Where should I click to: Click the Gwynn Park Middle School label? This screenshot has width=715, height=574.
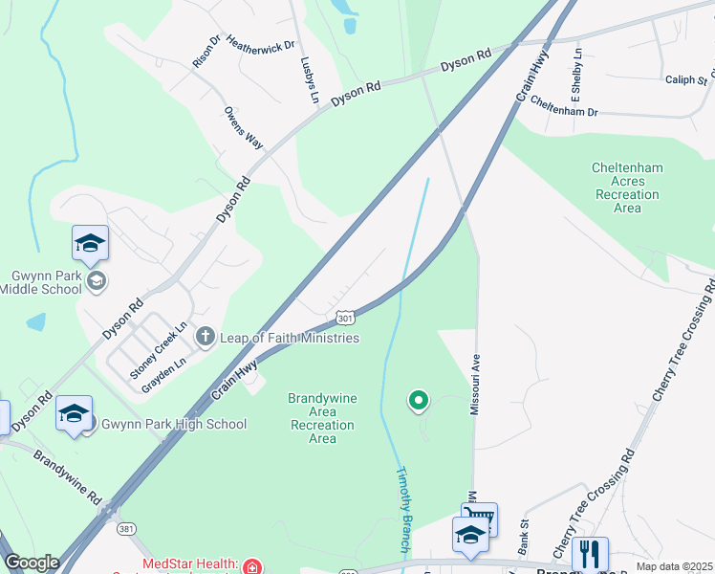click(47, 282)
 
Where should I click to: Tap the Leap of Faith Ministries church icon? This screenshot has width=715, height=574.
click(205, 337)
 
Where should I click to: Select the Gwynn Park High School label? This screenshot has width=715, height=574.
click(174, 424)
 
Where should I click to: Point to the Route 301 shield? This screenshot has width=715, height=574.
click(345, 317)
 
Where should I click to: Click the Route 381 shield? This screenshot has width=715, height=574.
click(126, 527)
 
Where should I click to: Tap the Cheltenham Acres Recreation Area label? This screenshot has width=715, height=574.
click(627, 188)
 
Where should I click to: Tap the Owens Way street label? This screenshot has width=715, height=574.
click(244, 127)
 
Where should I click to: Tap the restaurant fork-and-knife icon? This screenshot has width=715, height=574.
click(590, 553)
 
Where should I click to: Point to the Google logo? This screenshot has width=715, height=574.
click(32, 563)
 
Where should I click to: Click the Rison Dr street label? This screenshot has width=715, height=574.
click(206, 51)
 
